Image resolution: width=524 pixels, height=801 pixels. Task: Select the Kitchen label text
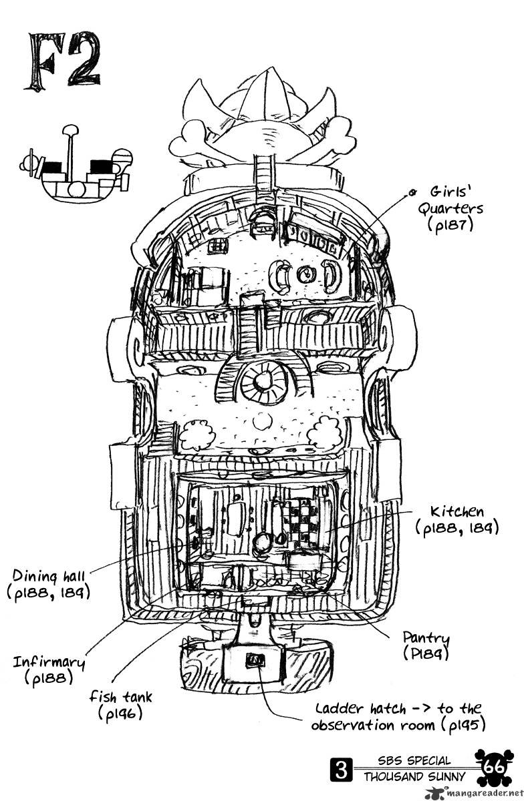tap(456, 512)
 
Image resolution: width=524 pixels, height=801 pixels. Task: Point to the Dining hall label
tap(49, 575)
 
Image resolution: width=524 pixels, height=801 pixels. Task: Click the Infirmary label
tap(49, 663)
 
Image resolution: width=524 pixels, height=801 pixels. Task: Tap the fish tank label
tap(120, 698)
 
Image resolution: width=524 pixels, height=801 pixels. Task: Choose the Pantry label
tap(426, 638)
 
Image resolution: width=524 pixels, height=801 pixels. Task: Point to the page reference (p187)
tap(450, 226)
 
